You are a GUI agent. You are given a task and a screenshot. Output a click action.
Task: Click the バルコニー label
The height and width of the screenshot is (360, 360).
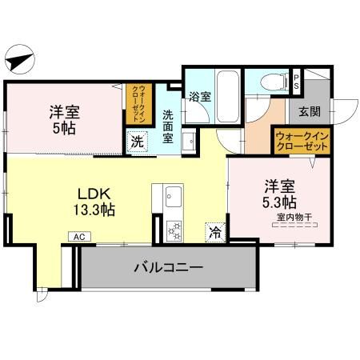(x=167, y=267)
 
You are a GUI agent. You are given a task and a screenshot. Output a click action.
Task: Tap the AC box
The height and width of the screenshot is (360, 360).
(x=80, y=237)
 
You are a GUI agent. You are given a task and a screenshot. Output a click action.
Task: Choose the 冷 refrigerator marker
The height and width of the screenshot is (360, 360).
(x=215, y=231)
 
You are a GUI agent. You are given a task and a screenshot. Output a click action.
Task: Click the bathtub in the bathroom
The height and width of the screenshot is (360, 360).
(x=227, y=94)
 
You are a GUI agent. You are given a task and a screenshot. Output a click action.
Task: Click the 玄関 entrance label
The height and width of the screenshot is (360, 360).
(x=310, y=111)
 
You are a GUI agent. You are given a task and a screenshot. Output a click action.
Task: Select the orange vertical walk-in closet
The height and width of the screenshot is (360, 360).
(x=139, y=102)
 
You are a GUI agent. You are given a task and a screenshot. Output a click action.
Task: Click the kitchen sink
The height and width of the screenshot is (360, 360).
(x=173, y=196)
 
